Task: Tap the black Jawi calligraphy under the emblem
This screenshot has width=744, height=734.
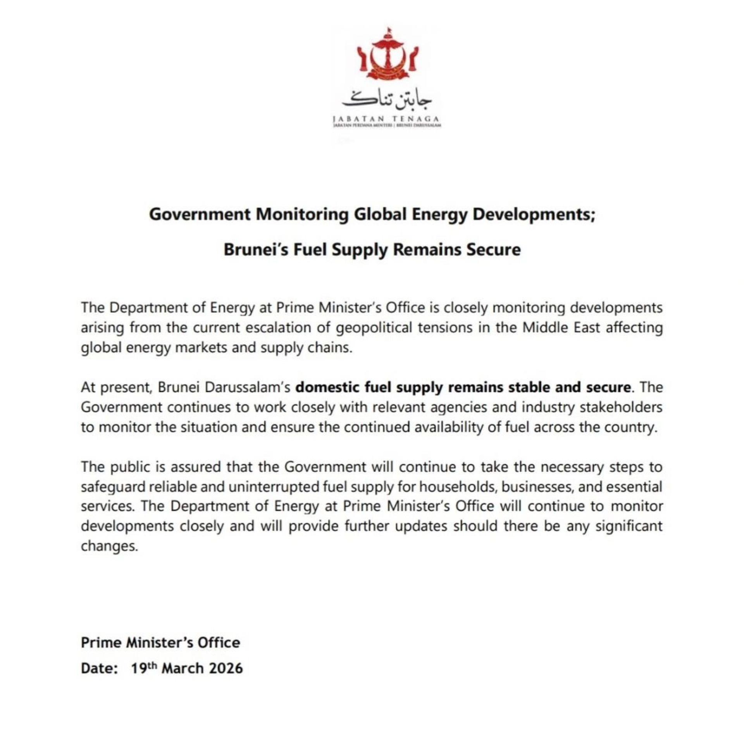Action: tap(387, 99)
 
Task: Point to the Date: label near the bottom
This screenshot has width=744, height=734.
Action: tap(99, 668)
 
